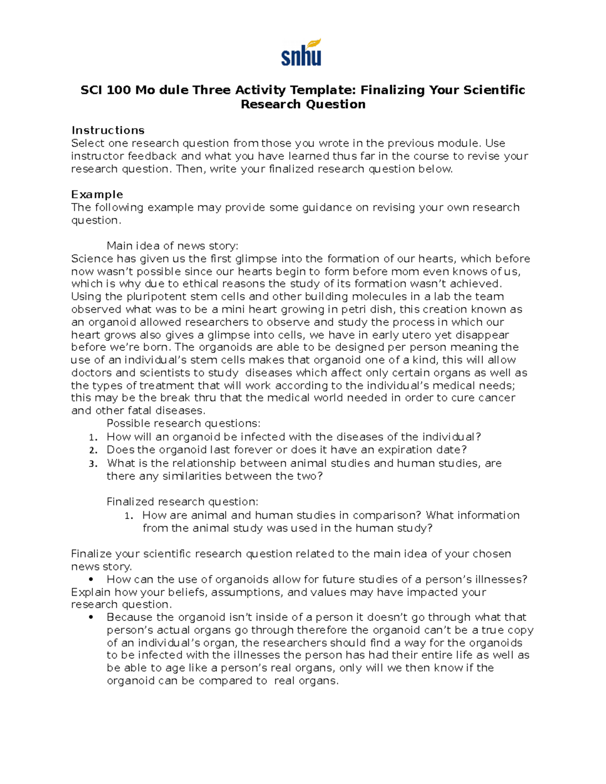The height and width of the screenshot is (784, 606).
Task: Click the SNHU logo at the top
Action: pyautogui.click(x=301, y=53)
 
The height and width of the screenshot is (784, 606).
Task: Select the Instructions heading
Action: pyautogui.click(x=108, y=130)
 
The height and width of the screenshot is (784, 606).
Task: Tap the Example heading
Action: pyautogui.click(x=97, y=194)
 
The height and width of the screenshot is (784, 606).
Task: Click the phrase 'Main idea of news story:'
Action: pyautogui.click(x=172, y=246)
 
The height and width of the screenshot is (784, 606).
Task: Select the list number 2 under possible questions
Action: pyautogui.click(x=93, y=450)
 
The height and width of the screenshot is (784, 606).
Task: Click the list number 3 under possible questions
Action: pyautogui.click(x=93, y=463)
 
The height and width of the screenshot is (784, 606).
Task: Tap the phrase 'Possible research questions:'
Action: pyautogui.click(x=183, y=423)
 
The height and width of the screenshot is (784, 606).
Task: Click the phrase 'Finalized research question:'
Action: pyautogui.click(x=182, y=501)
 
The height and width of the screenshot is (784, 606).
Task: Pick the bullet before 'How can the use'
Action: pyautogui.click(x=91, y=580)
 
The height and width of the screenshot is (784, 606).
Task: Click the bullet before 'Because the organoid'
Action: pyautogui.click(x=91, y=617)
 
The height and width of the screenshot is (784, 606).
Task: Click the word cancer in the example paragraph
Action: pyautogui.click(x=497, y=398)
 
